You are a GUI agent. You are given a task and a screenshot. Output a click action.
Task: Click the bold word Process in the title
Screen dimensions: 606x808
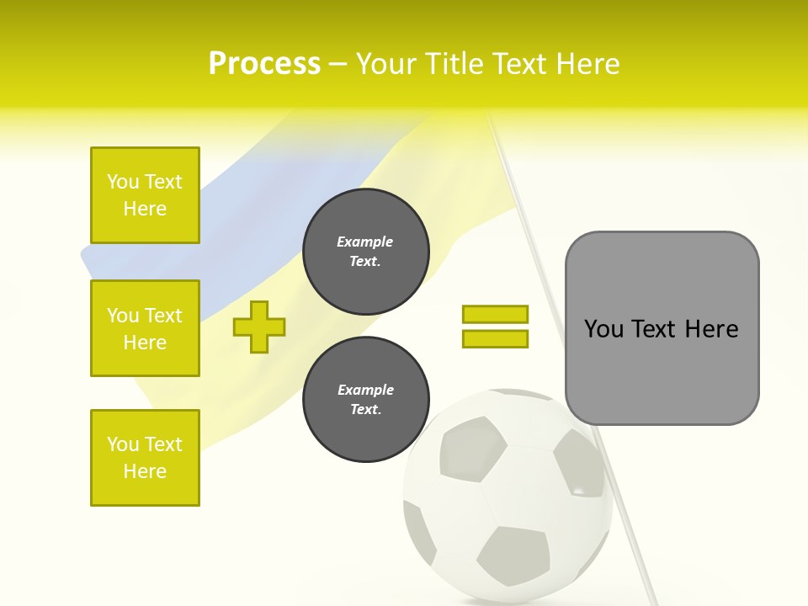(x=264, y=64)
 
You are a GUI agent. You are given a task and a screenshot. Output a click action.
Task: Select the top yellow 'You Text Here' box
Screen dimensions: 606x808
(x=145, y=195)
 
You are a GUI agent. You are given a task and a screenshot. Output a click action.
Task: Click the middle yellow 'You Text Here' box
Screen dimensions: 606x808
(x=145, y=328)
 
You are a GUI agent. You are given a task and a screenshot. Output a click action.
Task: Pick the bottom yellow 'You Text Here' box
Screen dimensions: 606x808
(x=145, y=457)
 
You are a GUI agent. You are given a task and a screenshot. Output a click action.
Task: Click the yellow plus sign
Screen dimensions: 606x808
(x=259, y=327)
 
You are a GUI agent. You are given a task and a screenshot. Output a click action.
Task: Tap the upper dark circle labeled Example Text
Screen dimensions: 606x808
(x=366, y=251)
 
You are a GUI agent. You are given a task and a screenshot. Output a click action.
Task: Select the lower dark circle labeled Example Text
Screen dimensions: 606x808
(x=366, y=399)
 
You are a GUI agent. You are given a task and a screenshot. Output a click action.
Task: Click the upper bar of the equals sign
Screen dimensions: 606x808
(x=495, y=315)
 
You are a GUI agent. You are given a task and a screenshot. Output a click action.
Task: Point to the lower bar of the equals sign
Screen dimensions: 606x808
(x=495, y=339)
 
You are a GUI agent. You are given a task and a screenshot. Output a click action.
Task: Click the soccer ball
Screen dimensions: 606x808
(x=508, y=497)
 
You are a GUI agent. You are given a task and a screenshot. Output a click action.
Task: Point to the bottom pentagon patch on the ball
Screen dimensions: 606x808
(x=513, y=556)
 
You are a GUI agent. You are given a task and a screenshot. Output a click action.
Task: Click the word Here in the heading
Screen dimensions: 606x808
(x=587, y=64)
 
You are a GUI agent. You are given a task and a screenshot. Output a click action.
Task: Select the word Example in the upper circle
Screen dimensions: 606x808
(x=365, y=242)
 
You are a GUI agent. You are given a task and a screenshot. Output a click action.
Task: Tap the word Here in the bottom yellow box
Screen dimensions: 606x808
(x=145, y=471)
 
